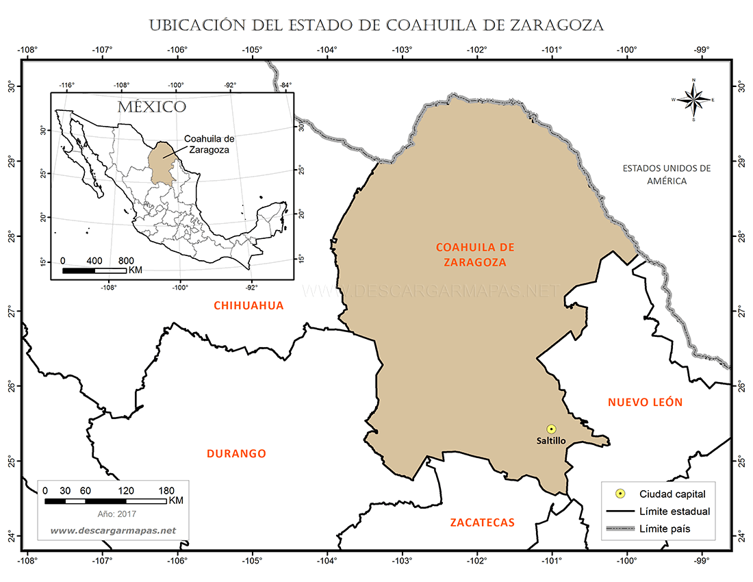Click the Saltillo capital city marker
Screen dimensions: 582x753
click(x=551, y=429)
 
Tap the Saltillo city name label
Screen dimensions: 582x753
click(x=551, y=441)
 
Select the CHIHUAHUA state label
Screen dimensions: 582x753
click(x=248, y=305)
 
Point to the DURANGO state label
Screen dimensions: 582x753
click(x=236, y=453)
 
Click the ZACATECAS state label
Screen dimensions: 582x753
click(x=482, y=522)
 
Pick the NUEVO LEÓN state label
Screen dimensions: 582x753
click(x=645, y=402)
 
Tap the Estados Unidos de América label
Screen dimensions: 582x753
click(x=667, y=175)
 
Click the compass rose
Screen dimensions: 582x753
click(x=694, y=101)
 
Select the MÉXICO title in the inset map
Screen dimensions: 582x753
click(x=151, y=107)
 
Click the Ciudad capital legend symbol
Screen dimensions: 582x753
click(x=620, y=493)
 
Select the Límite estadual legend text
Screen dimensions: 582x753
click(x=674, y=511)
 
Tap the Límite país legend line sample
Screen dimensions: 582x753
click(x=620, y=529)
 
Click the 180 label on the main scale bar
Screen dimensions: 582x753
click(x=166, y=490)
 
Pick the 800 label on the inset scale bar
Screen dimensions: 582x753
click(x=126, y=261)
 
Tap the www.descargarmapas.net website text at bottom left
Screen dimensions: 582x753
click(x=113, y=531)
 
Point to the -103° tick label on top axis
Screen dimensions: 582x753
click(x=402, y=49)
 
